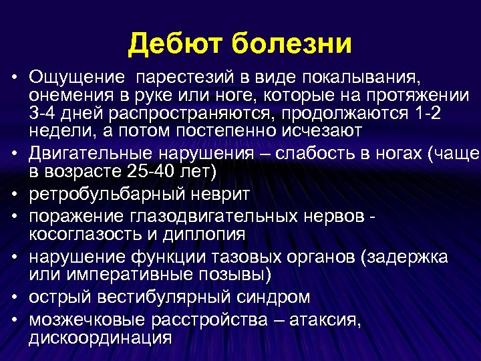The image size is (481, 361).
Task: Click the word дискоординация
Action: click(100, 338)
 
